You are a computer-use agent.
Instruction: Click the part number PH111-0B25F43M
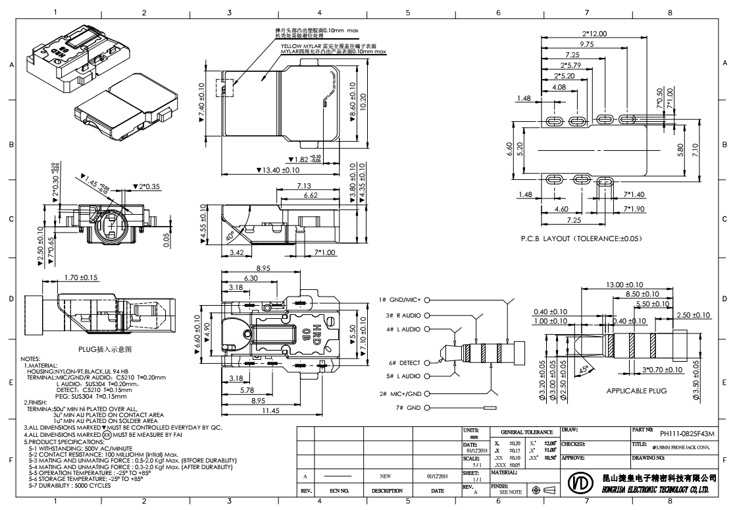(686, 434)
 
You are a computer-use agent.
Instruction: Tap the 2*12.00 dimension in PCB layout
(594, 34)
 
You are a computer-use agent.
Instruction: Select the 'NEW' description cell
(387, 474)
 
